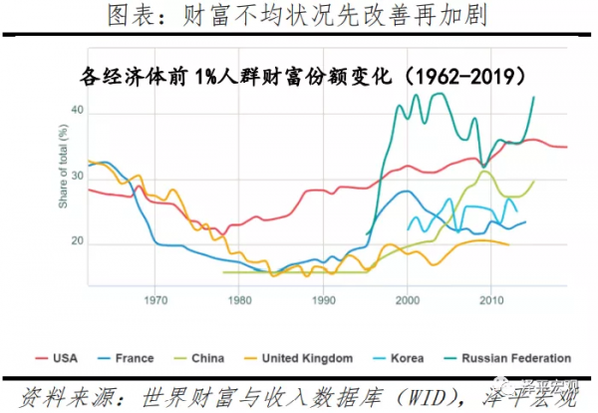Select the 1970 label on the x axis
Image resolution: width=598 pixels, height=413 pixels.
pos(155,299)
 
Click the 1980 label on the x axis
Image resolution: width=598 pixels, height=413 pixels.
pos(239,299)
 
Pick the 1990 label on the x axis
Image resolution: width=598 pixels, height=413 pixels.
pos(324,299)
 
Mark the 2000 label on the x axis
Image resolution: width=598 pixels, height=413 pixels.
pos(408,299)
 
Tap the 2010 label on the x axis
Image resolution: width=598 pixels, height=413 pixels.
pos(491,299)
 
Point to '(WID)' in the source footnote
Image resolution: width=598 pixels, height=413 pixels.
pos(403,395)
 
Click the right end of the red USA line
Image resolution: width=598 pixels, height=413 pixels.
pos(566,147)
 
